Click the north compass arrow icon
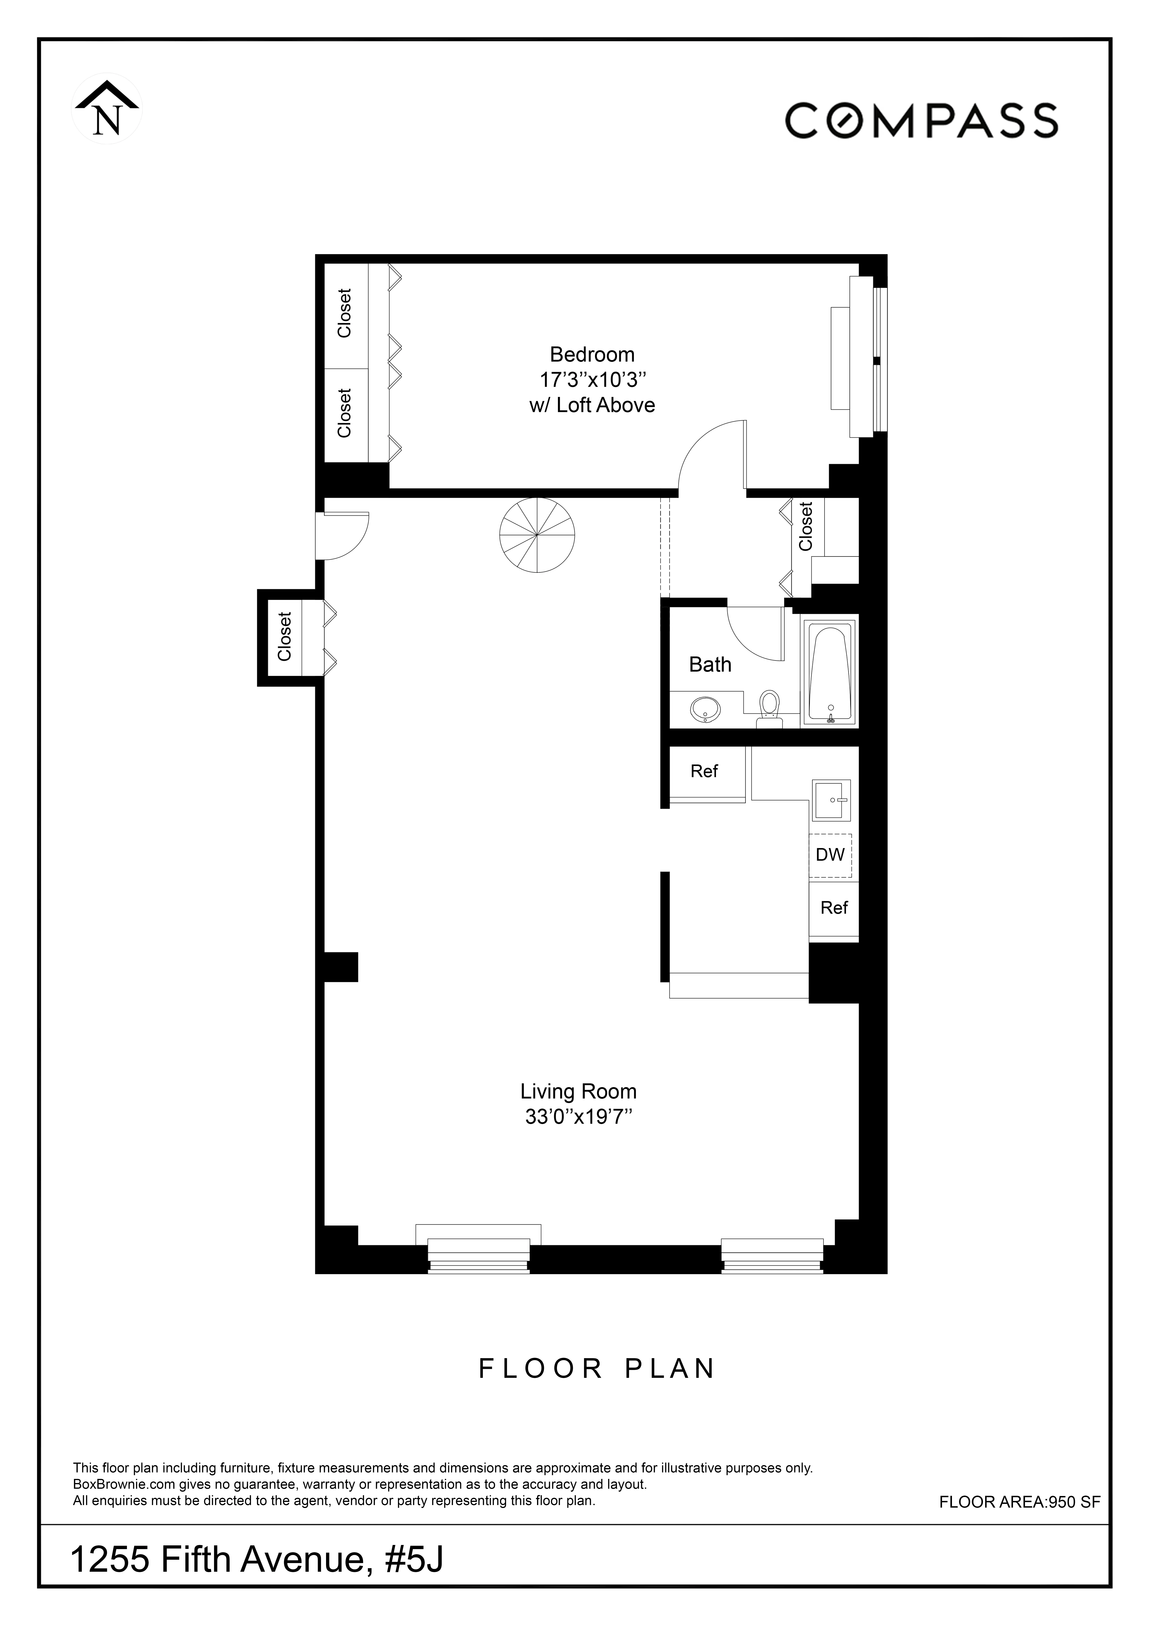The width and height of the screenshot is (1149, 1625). pos(107,109)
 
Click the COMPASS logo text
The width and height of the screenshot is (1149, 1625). pos(921,120)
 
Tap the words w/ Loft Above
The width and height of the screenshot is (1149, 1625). pos(592,405)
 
